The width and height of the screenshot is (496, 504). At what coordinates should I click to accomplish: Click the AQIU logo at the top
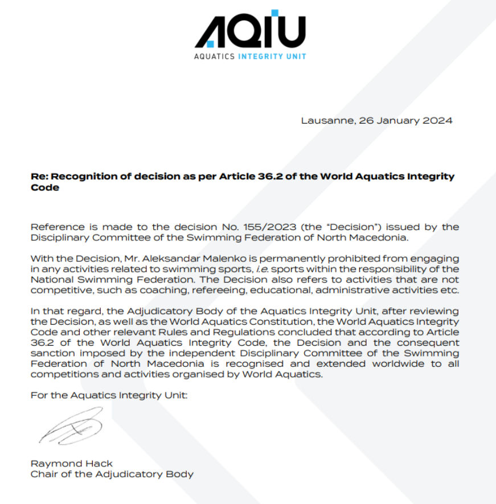click(x=250, y=30)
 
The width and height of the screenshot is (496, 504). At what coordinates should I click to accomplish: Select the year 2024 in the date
click(x=436, y=120)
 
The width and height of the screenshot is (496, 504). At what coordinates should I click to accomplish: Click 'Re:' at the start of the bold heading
click(x=38, y=176)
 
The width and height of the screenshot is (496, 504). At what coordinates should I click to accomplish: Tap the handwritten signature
click(x=71, y=426)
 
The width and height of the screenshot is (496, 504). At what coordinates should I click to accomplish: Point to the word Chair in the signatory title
click(x=43, y=474)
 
